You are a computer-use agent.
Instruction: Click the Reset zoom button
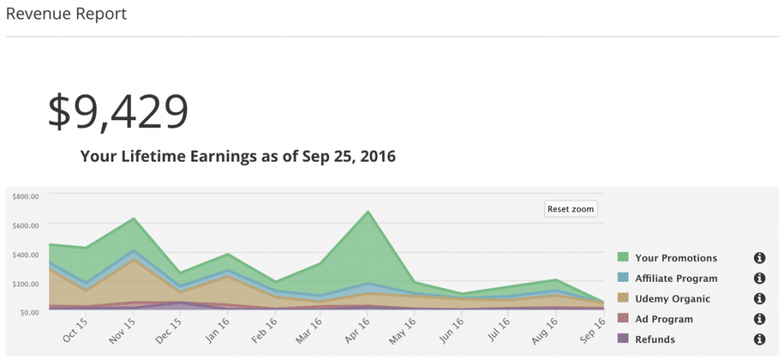571,209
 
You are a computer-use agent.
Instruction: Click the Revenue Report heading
66,14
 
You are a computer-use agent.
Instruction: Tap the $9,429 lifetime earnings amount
118,111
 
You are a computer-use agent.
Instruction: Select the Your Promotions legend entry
676,258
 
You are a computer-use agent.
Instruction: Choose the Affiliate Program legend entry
676,279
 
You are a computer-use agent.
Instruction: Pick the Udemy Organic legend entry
672,299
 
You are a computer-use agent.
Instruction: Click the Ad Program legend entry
664,319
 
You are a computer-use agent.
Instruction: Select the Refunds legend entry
655,339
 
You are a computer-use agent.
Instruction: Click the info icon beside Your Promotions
759,258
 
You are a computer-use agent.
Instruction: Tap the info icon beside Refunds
759,339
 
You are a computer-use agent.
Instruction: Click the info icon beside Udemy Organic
759,299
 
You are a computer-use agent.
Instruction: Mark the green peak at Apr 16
368,211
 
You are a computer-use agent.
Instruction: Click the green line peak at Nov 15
135,219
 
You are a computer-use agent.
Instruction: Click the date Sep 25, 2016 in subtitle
347,158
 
